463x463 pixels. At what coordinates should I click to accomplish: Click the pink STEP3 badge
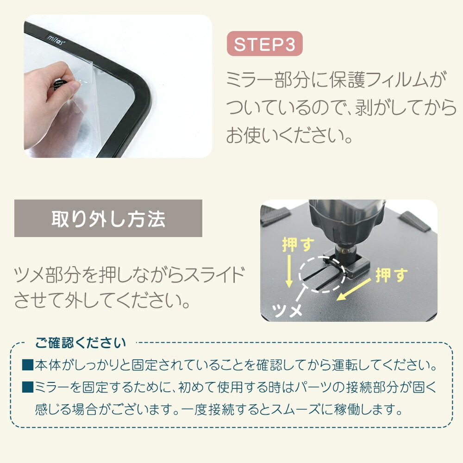coord(264,44)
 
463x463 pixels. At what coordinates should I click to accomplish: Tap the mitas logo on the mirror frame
coord(55,39)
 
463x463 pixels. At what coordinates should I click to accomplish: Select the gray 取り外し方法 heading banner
coord(108,218)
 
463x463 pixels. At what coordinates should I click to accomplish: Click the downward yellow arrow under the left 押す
coord(289,271)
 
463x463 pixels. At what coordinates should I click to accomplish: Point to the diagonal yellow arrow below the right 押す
coord(354,289)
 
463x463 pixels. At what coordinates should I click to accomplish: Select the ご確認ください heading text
coord(80,343)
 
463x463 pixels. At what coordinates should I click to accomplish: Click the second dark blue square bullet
coord(28,387)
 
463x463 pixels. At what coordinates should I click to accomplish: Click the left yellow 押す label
coord(298,244)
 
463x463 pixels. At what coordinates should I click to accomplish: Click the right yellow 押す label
coord(392,275)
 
